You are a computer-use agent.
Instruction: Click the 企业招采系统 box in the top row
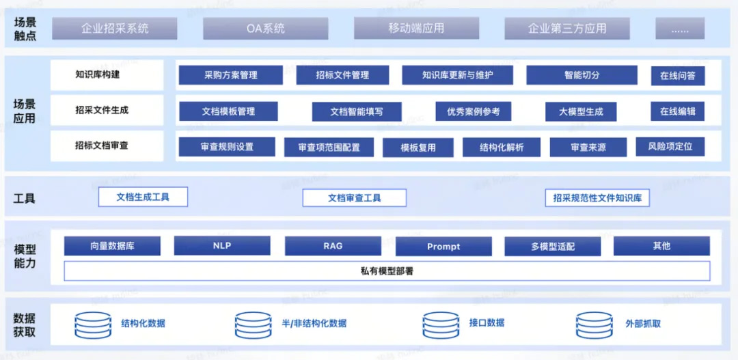115,29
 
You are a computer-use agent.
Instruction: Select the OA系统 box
266,29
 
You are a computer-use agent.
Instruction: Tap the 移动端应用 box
416,29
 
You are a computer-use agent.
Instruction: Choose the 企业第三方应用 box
567,29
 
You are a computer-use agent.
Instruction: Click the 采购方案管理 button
231,75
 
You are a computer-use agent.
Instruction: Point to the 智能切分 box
582,75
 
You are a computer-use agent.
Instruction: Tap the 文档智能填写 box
357,111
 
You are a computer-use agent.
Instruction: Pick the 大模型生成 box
581,111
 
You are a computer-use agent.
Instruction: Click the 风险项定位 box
670,146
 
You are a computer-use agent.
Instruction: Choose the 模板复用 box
418,147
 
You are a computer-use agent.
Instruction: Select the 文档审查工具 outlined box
354,198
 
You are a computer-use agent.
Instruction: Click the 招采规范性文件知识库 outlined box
597,198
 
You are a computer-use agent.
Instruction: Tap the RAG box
333,246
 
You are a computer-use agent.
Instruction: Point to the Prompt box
443,247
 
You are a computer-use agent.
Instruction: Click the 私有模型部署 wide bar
387,271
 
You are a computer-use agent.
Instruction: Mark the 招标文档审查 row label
102,146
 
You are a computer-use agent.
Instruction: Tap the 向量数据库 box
112,246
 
